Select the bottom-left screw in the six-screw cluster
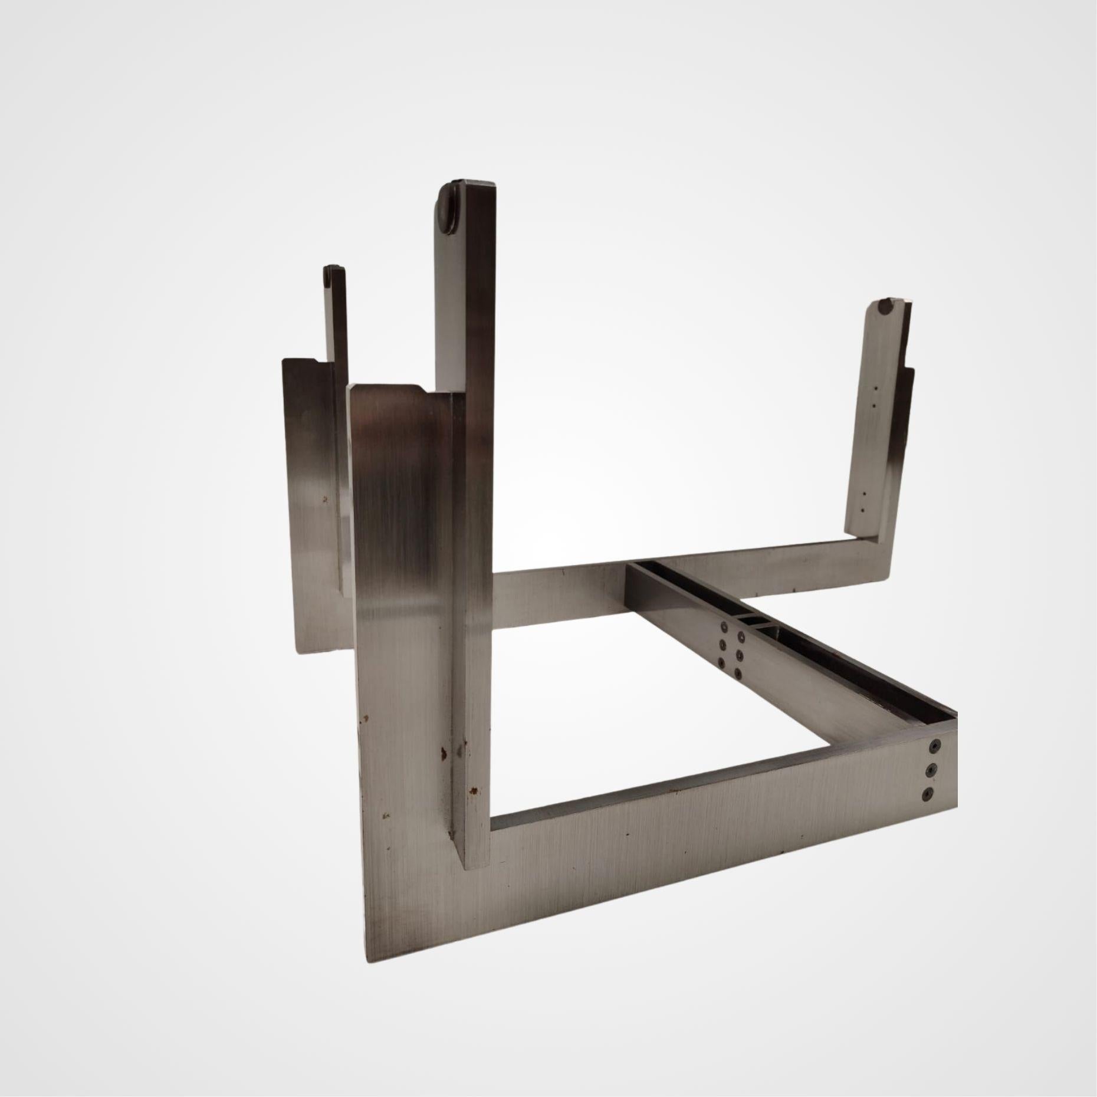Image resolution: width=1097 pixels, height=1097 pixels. click(x=720, y=662)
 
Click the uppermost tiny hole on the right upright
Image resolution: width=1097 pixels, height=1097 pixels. click(x=876, y=389)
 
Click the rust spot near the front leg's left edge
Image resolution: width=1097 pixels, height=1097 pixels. click(x=364, y=719)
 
